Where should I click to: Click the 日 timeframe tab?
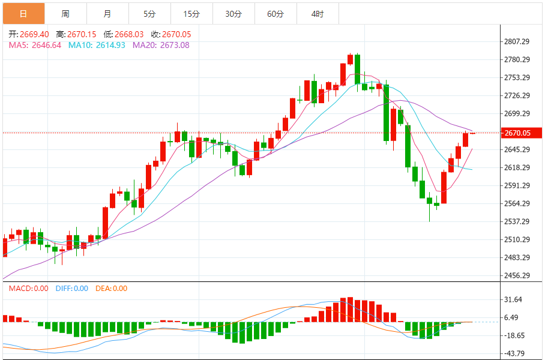tap(23, 13)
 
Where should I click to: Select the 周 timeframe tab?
tap(65, 13)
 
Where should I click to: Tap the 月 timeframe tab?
tap(107, 13)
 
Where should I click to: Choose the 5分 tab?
tap(149, 13)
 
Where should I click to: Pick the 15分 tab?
tap(191, 13)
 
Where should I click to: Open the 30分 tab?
tap(233, 13)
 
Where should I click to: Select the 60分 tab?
tap(276, 13)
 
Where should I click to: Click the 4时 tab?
tap(318, 13)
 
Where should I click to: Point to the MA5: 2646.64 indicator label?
tap(35, 45)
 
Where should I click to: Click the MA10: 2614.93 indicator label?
tap(97, 45)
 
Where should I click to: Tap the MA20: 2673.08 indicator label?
tap(161, 45)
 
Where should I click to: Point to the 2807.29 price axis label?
tap(517, 41)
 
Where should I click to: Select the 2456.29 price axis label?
tap(517, 275)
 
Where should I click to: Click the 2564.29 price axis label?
tap(517, 203)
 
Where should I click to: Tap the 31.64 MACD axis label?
tap(515, 299)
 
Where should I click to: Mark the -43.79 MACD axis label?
tap(515, 353)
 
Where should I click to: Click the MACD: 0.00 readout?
tap(28, 289)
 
